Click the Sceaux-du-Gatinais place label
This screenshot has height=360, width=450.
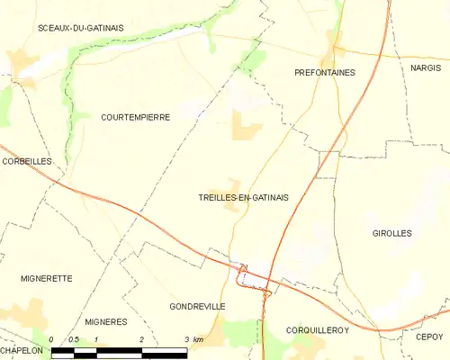pyautogui.click(x=81, y=28)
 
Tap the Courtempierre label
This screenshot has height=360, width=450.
pyautogui.click(x=135, y=117)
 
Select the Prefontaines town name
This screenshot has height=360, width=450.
pyautogui.click(x=325, y=72)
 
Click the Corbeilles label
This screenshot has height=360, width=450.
pyautogui.click(x=26, y=161)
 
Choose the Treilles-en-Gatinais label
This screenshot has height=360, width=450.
pyautogui.click(x=243, y=198)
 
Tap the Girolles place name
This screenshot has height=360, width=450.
pyautogui.click(x=391, y=233)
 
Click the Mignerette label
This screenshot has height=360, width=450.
pyautogui.click(x=46, y=279)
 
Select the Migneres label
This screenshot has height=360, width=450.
pyautogui.click(x=105, y=321)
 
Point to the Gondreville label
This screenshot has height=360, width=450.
pyautogui.click(x=196, y=307)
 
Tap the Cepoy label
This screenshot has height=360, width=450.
pyautogui.click(x=429, y=337)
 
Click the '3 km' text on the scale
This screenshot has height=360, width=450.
pyautogui.click(x=193, y=339)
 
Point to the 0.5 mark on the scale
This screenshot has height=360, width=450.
pyautogui.click(x=74, y=339)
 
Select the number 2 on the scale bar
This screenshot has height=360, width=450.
pyautogui.click(x=141, y=339)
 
